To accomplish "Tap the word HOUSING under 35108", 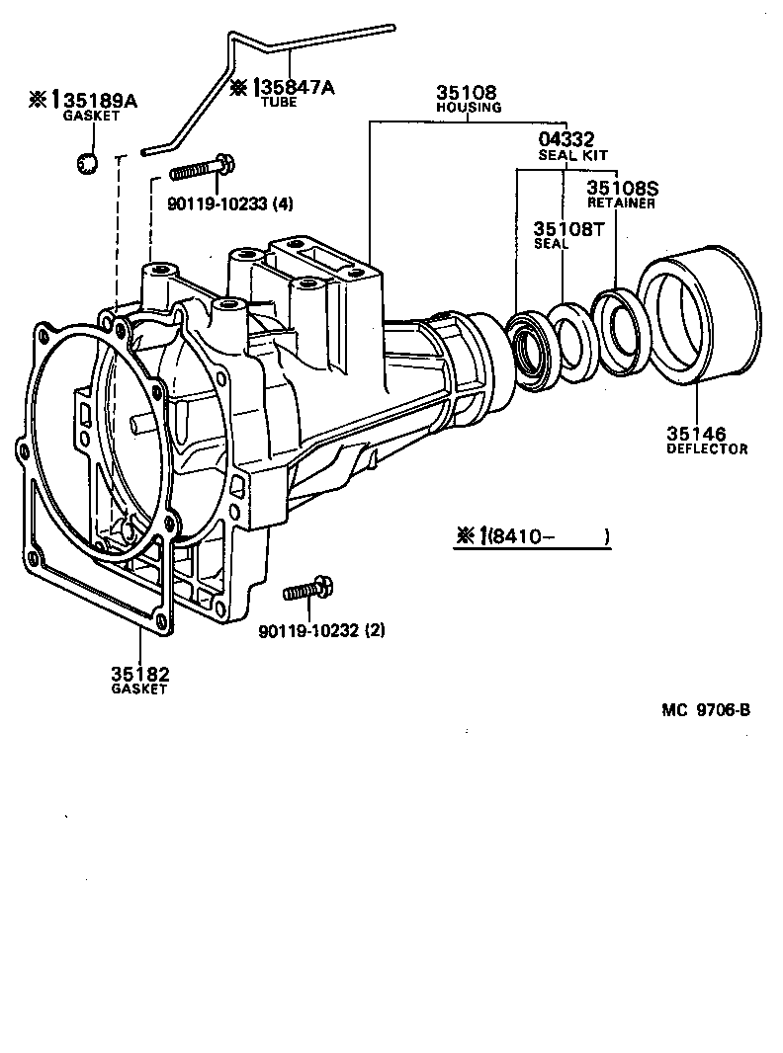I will pos(469,108).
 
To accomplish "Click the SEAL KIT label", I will pos(572,155).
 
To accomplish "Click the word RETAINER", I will pos(622,202).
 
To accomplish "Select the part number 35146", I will pos(695,434).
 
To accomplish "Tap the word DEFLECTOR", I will pos(706,448).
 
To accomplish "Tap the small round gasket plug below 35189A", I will pos(87,162).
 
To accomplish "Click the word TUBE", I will pos(278,102).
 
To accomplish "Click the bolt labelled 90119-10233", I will pos(202,169).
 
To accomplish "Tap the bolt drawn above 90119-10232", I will pos(309,590).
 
